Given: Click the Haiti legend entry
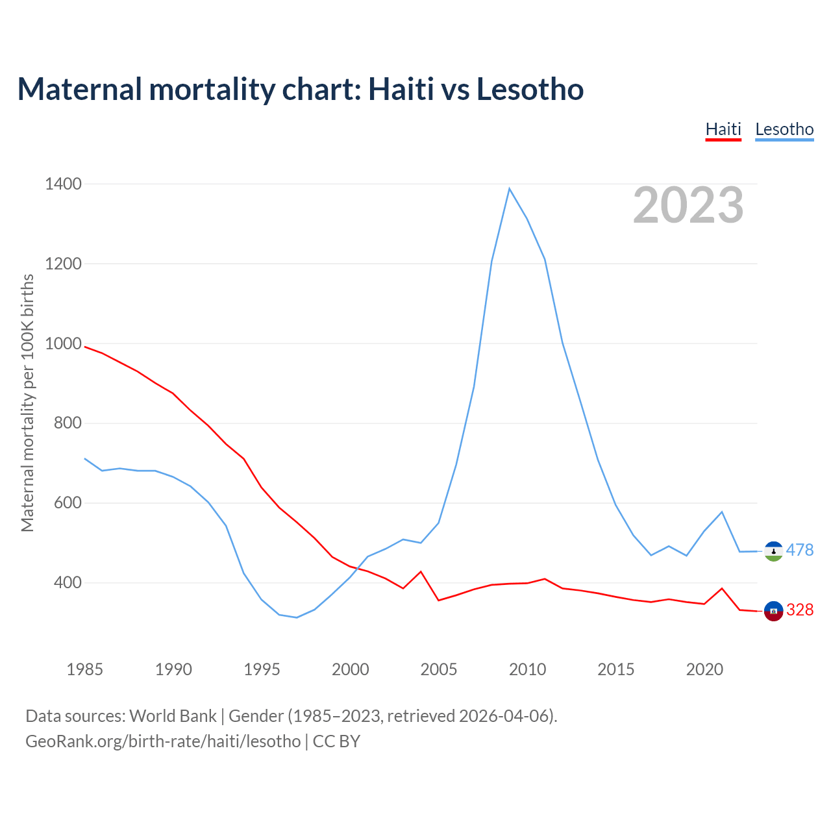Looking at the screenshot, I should click(x=723, y=129).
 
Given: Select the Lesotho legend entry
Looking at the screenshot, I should click(x=784, y=129).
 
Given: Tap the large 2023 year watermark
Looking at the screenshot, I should click(x=688, y=205).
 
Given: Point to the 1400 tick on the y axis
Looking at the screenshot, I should click(x=64, y=184).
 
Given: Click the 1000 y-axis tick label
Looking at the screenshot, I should click(x=64, y=344).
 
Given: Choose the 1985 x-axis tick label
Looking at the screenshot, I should click(x=85, y=669).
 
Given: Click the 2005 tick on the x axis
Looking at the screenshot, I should click(x=439, y=669).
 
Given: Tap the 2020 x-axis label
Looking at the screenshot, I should click(x=704, y=669).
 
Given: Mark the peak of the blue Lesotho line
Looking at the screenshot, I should click(x=510, y=188).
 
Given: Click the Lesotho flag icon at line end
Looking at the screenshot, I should click(x=773, y=551).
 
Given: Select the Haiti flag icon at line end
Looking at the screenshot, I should click(x=773, y=611).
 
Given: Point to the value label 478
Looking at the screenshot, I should click(x=800, y=551).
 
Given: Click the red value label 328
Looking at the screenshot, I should click(x=800, y=610).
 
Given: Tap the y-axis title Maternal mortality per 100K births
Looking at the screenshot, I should click(x=27, y=403).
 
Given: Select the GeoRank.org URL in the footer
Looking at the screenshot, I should click(x=163, y=741).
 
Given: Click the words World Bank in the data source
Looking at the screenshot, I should click(x=173, y=716).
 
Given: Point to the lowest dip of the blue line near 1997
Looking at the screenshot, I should click(x=297, y=617).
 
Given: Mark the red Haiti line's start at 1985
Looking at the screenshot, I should click(x=85, y=347).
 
